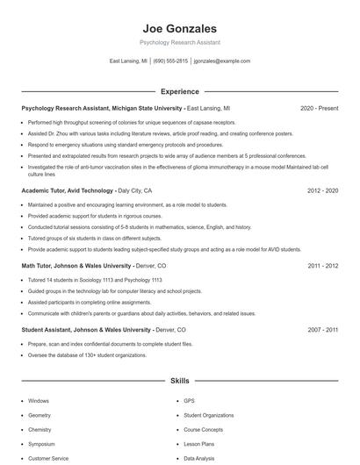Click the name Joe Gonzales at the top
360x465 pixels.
point(180,28)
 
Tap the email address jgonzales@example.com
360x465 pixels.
point(221,61)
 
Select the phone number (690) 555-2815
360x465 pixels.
point(170,61)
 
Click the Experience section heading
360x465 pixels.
point(180,91)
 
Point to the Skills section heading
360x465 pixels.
point(180,382)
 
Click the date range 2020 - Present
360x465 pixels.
point(319,108)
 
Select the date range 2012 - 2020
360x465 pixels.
point(323,190)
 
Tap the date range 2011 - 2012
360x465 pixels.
point(323,264)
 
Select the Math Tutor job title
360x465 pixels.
point(74,264)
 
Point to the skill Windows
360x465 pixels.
point(39,400)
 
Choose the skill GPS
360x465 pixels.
point(189,400)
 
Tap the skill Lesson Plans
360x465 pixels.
point(199,444)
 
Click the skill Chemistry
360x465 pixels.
point(40,430)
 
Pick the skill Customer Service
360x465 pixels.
point(48,458)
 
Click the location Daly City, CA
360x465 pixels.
point(135,190)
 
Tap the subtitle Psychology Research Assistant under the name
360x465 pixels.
point(180,42)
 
